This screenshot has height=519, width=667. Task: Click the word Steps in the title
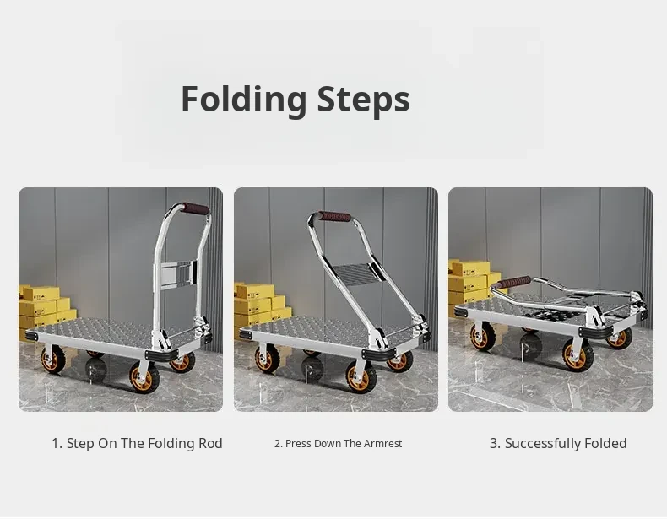tap(364, 99)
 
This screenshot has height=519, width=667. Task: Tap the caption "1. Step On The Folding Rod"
tap(137, 443)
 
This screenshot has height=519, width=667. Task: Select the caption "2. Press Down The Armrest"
tap(339, 444)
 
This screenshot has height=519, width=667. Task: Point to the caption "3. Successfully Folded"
tap(558, 443)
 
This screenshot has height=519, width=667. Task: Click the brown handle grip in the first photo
tap(196, 208)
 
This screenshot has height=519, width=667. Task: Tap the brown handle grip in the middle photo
tap(335, 216)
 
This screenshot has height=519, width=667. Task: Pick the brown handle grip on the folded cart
tap(514, 282)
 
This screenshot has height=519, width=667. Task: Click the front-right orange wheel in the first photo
tap(144, 377)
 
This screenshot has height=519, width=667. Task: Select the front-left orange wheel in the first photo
tap(52, 360)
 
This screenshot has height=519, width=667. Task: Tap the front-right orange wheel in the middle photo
tap(361, 377)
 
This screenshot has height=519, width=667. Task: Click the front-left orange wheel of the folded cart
tap(482, 336)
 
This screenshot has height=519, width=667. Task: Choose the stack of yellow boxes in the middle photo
tap(260, 307)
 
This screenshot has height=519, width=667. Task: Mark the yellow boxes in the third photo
tap(472, 284)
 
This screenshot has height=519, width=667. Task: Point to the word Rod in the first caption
tap(210, 443)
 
